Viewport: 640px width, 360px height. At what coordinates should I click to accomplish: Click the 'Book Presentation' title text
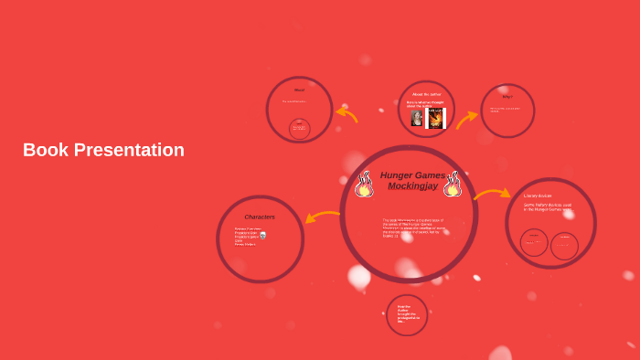pos(103,150)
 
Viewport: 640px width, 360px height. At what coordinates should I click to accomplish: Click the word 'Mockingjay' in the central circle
pos(411,186)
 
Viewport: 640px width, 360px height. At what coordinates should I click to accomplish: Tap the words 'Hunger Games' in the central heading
pos(412,175)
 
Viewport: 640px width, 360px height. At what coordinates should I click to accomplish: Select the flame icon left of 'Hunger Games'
pos(364,184)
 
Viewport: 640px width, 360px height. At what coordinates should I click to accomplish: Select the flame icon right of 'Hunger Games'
pos(452,184)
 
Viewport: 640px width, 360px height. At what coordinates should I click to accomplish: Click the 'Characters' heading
pos(260,217)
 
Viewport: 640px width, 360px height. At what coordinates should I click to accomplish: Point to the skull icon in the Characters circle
pos(263,235)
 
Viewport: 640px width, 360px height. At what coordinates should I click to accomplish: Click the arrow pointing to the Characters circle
pos(322,217)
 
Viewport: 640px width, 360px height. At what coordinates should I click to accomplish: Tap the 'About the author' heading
pos(426,94)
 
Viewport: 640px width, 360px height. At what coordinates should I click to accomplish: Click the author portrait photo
pos(417,119)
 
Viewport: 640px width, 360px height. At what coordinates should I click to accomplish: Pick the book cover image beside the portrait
pos(436,119)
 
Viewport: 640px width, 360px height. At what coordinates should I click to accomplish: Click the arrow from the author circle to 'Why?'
pos(466,119)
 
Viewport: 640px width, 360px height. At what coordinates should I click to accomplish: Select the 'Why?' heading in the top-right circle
pos(507,96)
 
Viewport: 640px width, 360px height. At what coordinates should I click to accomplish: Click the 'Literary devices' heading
pos(538,196)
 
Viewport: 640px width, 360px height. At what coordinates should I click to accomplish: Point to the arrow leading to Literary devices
pos(492,194)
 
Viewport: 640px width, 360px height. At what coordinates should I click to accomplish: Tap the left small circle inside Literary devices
pos(534,242)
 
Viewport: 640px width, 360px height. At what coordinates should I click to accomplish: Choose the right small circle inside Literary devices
pos(564,245)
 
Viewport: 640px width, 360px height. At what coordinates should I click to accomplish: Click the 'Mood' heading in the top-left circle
pos(299,90)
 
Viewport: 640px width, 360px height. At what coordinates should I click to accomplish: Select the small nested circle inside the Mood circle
pos(299,129)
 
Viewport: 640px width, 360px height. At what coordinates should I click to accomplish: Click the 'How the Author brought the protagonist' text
pos(406,313)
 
